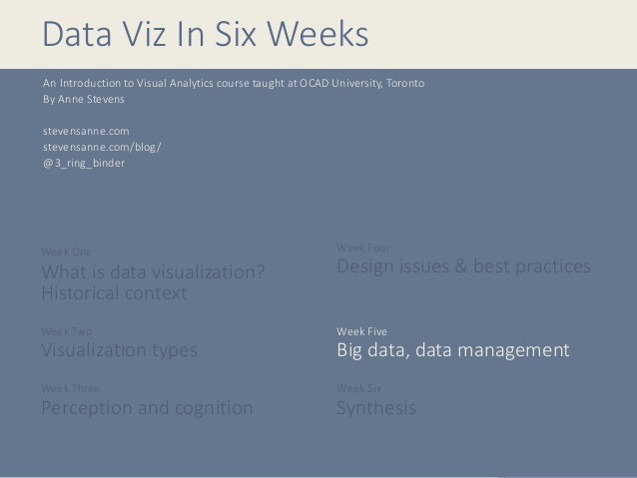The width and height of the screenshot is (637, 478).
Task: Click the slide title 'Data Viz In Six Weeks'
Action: pyautogui.click(x=205, y=34)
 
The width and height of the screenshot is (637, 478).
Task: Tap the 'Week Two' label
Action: pyautogui.click(x=66, y=330)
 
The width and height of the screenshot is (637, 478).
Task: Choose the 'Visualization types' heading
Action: pyautogui.click(x=119, y=350)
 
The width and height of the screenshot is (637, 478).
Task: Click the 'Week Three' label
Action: pyautogui.click(x=70, y=388)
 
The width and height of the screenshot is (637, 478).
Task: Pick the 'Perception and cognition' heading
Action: pyautogui.click(x=147, y=408)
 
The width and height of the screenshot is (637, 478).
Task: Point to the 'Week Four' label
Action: pyautogui.click(x=362, y=246)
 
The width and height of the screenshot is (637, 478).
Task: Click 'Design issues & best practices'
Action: pyautogui.click(x=463, y=267)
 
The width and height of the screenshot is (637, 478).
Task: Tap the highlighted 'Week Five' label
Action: pyautogui.click(x=361, y=330)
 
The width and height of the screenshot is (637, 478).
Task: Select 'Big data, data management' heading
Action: pyautogui.click(x=453, y=351)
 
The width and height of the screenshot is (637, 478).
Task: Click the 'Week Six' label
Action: pyautogui.click(x=359, y=388)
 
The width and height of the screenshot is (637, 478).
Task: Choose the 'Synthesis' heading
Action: pyautogui.click(x=376, y=408)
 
